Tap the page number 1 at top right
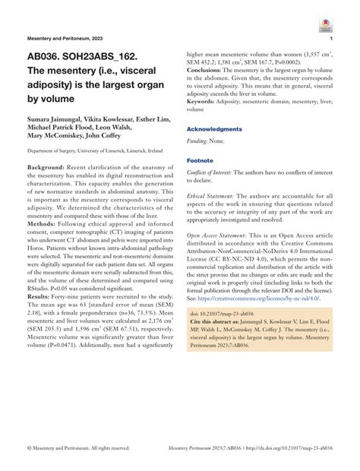(x=332, y=37)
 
